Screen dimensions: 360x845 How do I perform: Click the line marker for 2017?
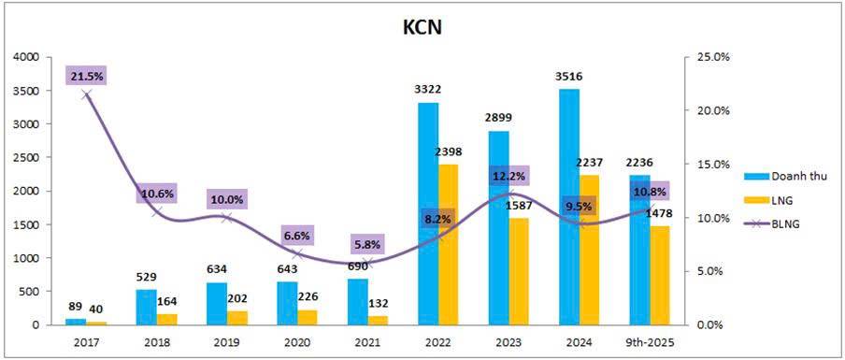pyautogui.click(x=87, y=94)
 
